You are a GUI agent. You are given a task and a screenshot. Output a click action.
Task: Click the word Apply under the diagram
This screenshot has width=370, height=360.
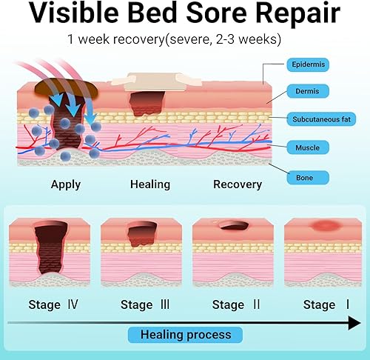click(67, 184)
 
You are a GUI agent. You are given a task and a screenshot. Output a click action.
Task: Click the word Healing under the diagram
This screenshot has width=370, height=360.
click(150, 184)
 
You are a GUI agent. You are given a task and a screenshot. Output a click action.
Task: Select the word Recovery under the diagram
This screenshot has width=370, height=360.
click(238, 184)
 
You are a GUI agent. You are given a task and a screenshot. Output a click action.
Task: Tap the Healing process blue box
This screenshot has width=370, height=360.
click(185, 334)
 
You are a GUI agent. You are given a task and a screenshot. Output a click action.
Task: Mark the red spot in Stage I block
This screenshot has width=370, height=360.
click(323, 225)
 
